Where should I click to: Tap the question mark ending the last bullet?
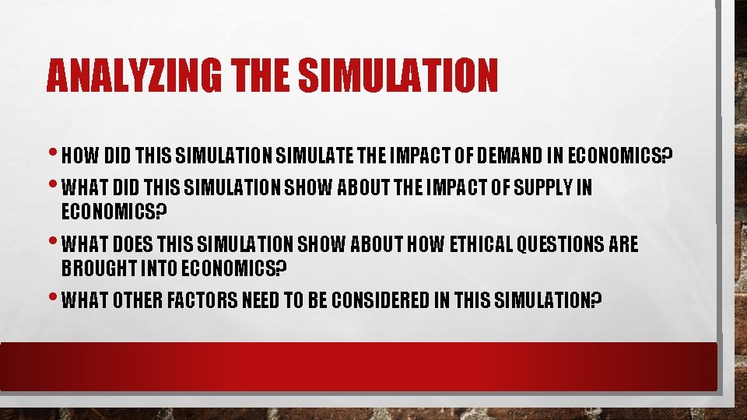pos(598,300)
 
